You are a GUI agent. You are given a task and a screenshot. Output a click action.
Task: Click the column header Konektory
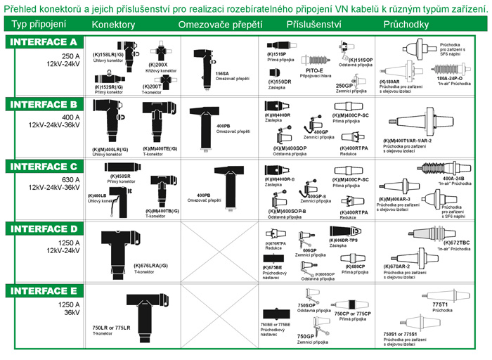coord(115,25)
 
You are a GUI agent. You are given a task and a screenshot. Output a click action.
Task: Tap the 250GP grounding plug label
coord(354,84)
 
